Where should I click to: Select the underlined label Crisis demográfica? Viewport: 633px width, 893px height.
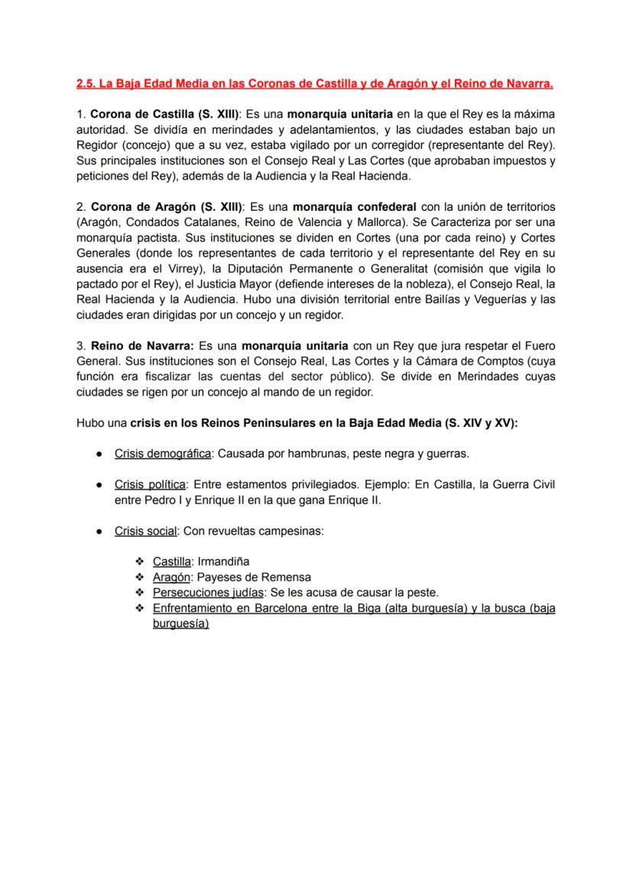pyautogui.click(x=163, y=454)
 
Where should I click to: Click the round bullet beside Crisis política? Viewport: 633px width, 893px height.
pyautogui.click(x=99, y=485)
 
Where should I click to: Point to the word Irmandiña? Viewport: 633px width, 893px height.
pyautogui.click(x=224, y=562)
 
